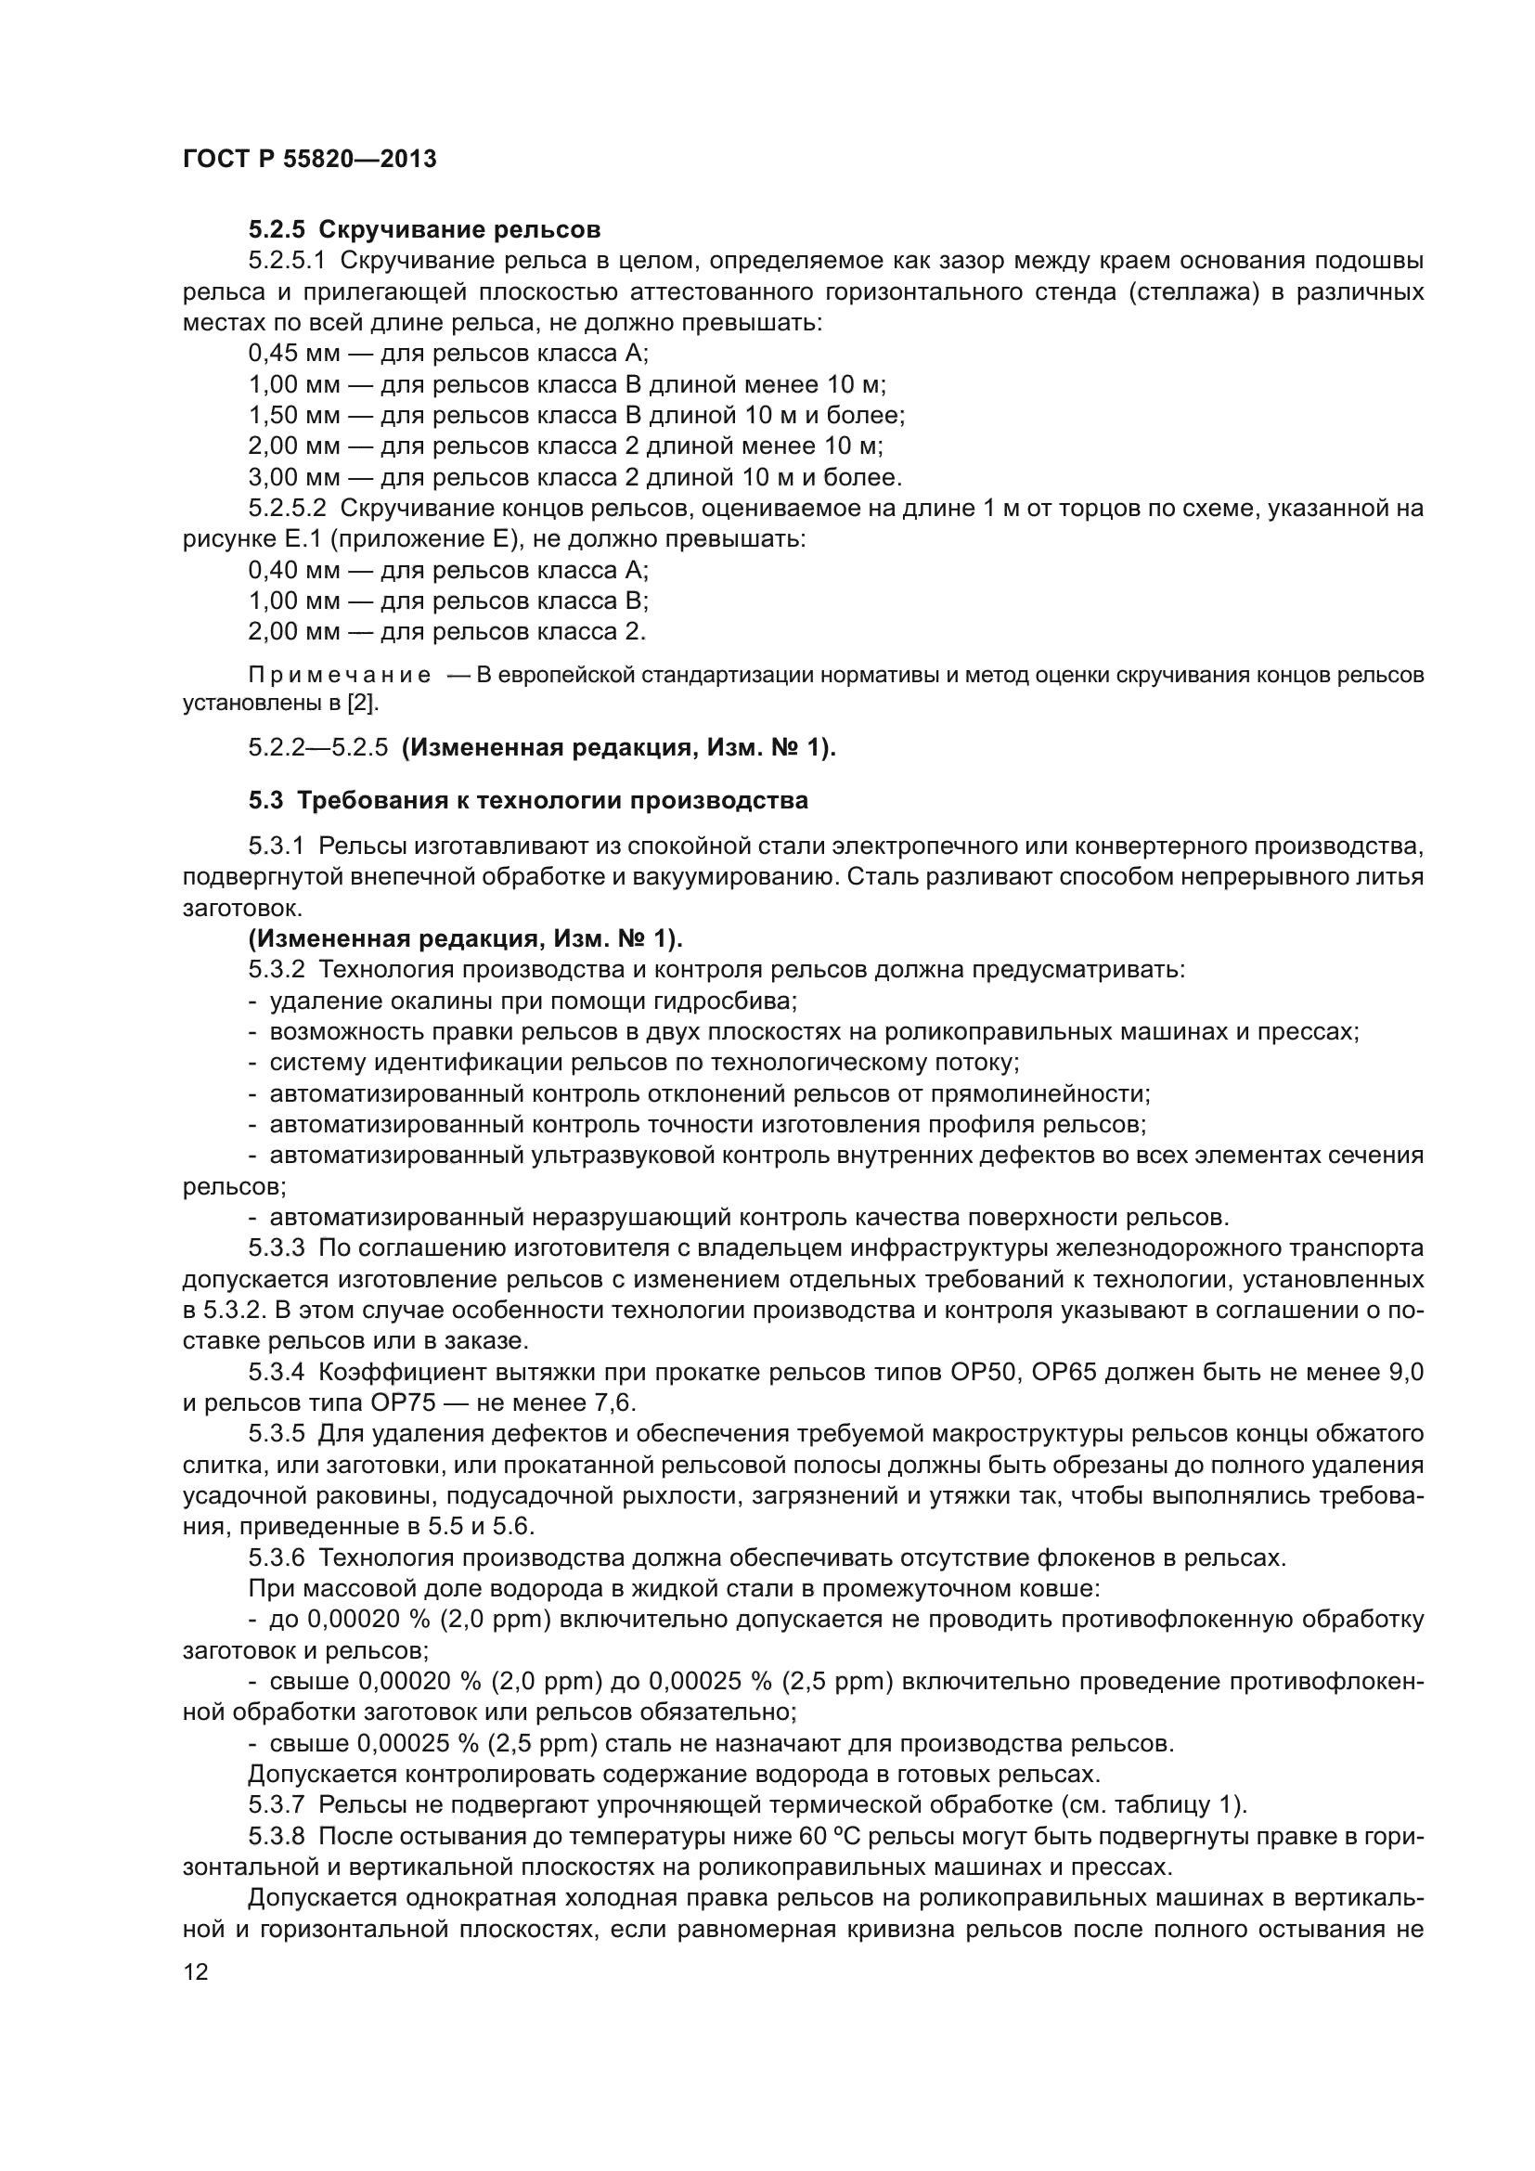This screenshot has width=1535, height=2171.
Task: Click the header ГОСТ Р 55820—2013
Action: (309, 159)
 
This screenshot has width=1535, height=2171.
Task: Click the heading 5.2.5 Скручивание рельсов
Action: (424, 229)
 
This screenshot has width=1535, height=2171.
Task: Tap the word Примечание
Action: (340, 675)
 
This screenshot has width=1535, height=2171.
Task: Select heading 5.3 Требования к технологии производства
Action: (528, 800)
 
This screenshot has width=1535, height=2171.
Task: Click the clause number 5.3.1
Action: (276, 846)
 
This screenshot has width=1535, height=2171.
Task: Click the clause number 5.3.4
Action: (276, 1372)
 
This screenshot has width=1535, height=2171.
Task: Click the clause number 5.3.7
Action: (276, 1805)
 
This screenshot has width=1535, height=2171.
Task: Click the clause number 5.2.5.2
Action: (287, 509)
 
